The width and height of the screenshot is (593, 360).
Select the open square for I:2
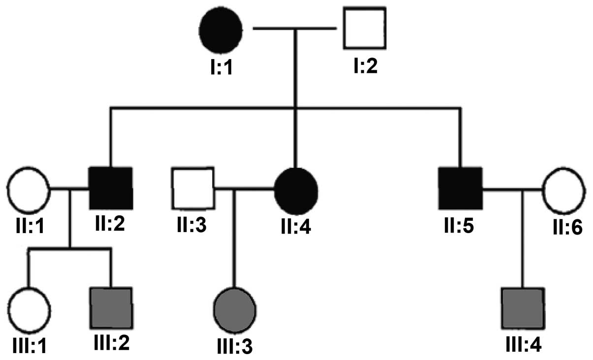(x=365, y=29)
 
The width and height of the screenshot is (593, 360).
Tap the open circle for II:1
(x=28, y=188)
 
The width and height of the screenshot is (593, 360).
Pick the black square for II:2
(x=111, y=188)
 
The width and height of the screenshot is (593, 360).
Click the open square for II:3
(x=192, y=188)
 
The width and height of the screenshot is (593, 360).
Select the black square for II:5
(x=460, y=188)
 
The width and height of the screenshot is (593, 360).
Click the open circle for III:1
(x=29, y=309)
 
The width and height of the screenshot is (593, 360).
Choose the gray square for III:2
(x=111, y=308)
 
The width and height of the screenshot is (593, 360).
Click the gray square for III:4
(x=523, y=308)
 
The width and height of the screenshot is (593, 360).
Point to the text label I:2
(x=365, y=64)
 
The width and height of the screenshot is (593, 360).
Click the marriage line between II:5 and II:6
(x=512, y=188)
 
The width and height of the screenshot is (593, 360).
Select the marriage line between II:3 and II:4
(x=244, y=188)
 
